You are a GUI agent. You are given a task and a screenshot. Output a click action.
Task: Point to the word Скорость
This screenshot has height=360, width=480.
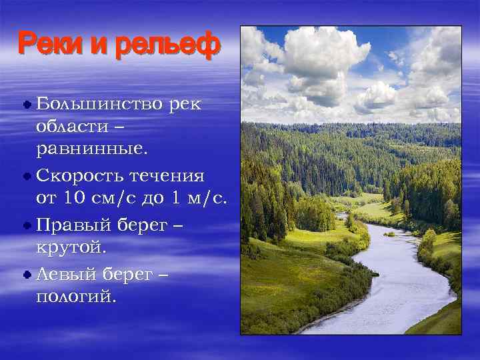(x=79, y=176)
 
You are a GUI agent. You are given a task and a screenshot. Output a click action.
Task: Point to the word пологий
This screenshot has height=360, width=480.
(x=76, y=295)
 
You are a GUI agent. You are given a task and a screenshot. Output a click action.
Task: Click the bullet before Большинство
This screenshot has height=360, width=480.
(x=27, y=105)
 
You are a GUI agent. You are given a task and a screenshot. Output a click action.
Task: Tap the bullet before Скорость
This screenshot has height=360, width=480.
(x=27, y=177)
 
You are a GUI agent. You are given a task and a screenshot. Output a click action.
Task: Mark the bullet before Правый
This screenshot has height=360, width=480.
(x=27, y=225)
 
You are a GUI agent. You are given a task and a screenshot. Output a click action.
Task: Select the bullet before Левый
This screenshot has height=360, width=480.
(x=27, y=273)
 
